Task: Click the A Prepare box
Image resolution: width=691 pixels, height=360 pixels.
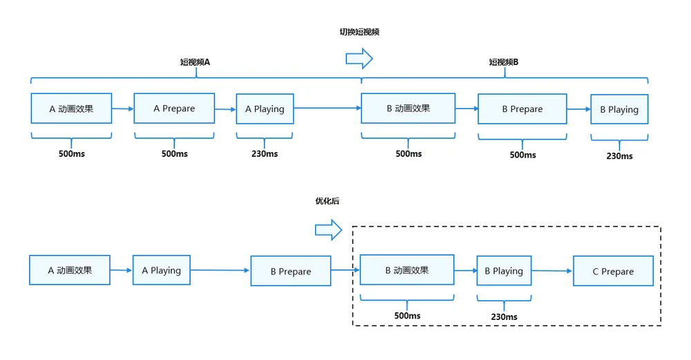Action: tap(174, 108)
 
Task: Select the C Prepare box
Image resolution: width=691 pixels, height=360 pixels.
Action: tap(613, 271)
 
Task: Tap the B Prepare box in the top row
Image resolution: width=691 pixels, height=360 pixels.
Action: tap(522, 109)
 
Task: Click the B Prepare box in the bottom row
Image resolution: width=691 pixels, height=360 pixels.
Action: tap(290, 271)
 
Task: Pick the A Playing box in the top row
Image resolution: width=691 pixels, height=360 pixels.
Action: tap(265, 109)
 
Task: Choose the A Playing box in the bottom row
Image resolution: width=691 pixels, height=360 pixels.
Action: tap(161, 270)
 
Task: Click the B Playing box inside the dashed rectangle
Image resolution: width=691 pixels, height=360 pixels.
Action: tap(504, 271)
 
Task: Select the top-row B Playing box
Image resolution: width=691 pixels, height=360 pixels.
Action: tap(619, 109)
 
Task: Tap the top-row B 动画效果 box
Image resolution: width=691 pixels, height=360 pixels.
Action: tap(408, 108)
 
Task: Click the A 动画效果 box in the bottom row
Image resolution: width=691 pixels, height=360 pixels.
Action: tap(70, 270)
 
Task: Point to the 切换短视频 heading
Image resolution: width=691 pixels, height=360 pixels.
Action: tap(359, 32)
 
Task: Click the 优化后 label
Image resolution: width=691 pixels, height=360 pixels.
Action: tap(328, 201)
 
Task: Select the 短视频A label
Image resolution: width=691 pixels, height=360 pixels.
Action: tap(195, 62)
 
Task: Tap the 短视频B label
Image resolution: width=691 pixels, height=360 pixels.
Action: tap(504, 62)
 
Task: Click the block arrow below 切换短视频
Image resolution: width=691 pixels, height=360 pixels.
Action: tap(359, 59)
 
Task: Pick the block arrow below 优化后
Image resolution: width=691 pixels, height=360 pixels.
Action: tap(328, 229)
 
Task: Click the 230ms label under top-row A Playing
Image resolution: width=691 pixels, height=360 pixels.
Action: tap(265, 154)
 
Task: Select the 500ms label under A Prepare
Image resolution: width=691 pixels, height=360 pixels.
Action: tap(175, 154)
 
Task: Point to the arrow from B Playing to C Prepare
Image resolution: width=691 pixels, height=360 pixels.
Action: tap(552, 271)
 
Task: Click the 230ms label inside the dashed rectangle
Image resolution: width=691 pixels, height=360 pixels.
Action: tap(504, 317)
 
